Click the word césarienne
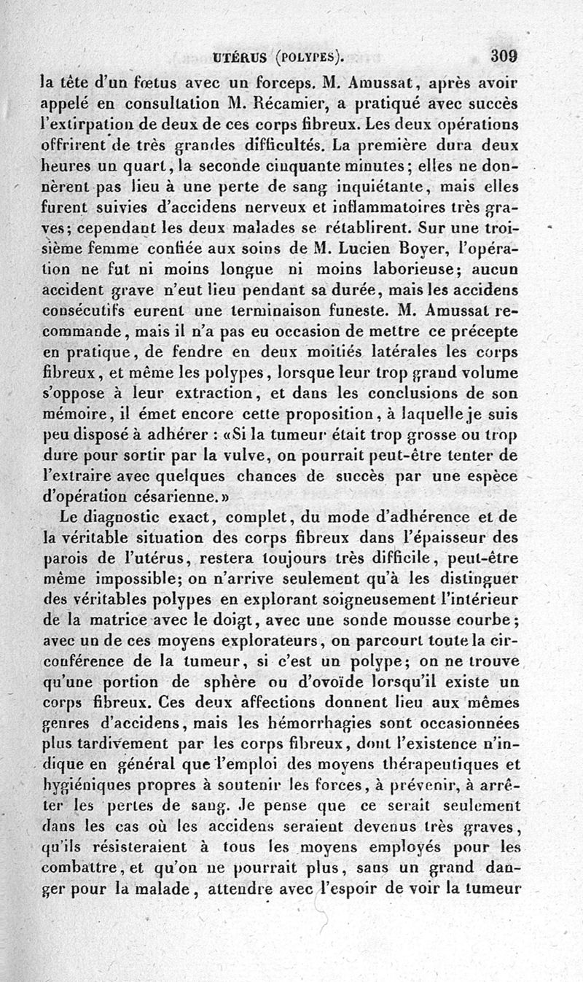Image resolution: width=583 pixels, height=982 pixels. pyautogui.click(x=176, y=498)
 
